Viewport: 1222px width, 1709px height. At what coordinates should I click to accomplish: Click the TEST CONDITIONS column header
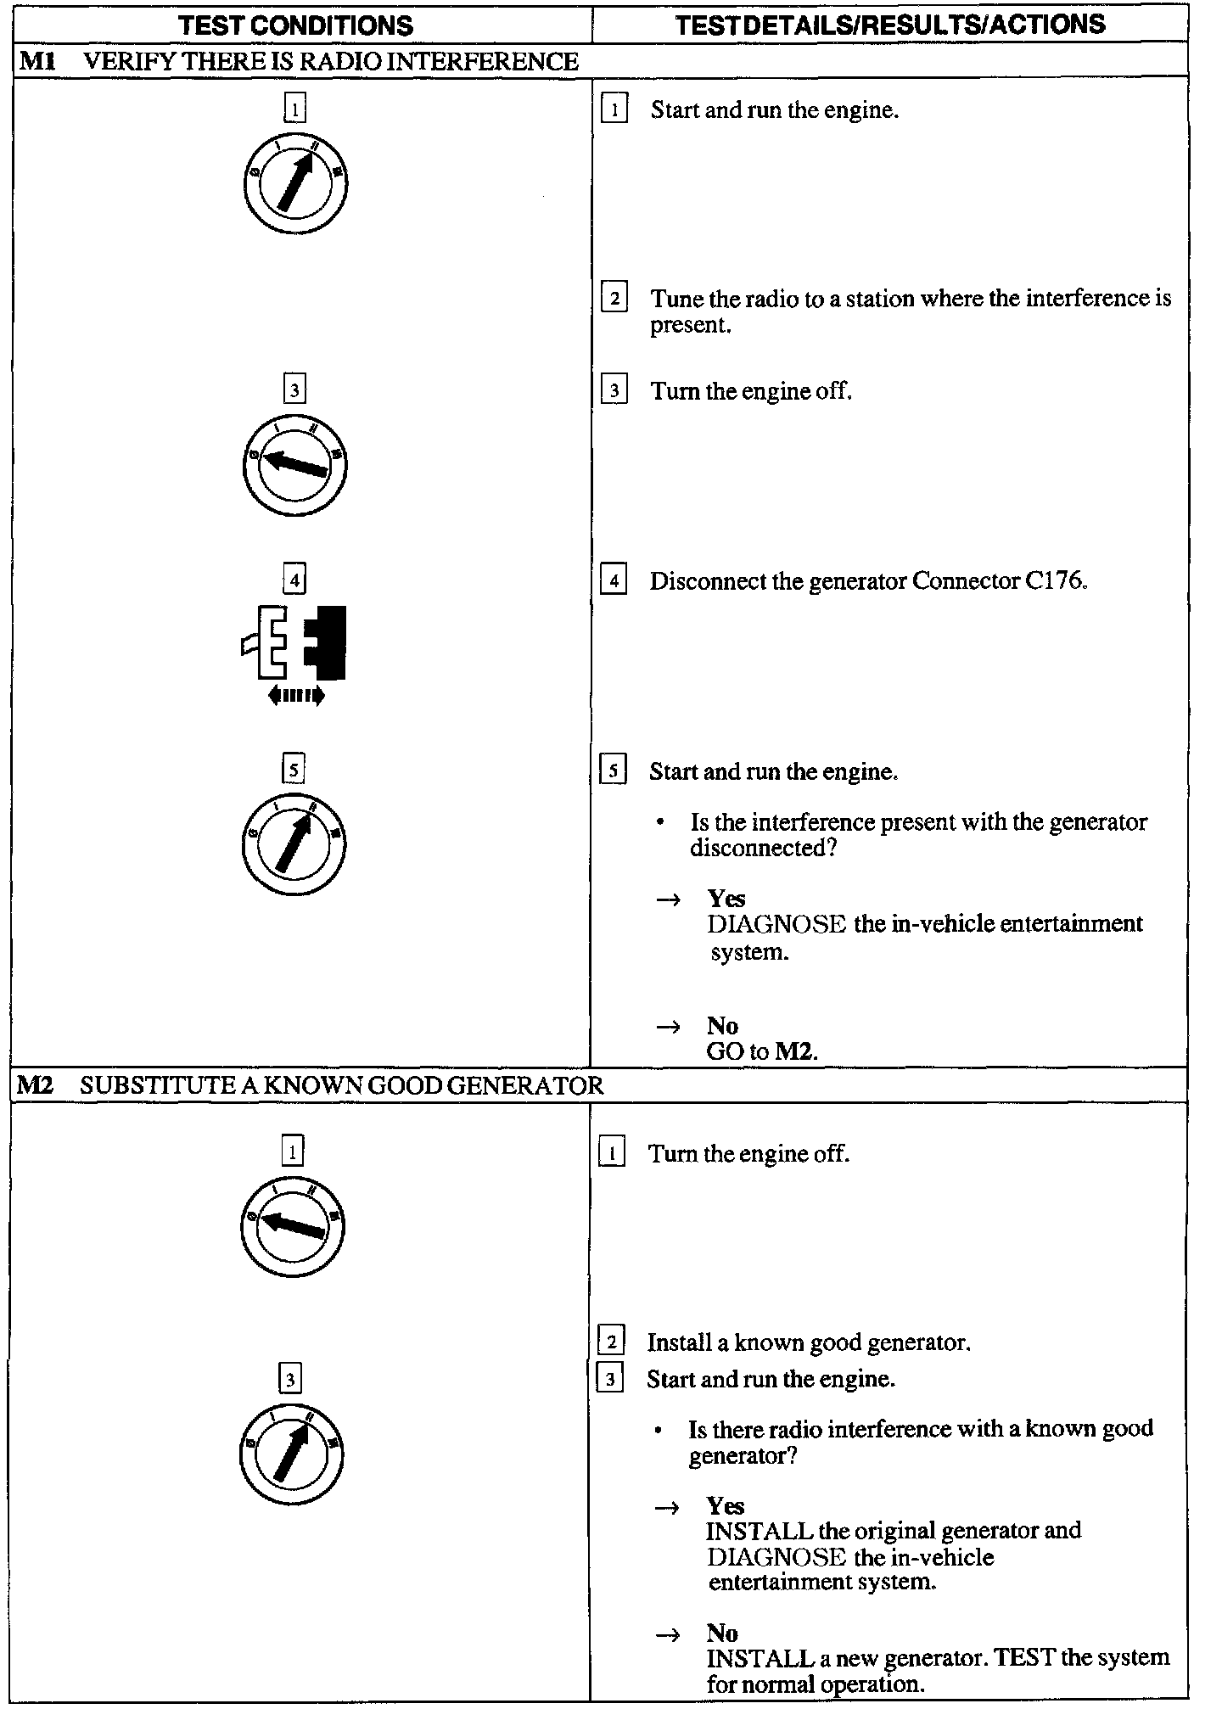coord(296,25)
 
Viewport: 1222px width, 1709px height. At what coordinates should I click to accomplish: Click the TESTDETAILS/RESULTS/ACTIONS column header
coord(890,25)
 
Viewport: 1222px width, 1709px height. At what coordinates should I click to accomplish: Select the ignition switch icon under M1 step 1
coord(294,183)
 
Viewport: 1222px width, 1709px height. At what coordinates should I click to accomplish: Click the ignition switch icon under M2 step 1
coord(293,1226)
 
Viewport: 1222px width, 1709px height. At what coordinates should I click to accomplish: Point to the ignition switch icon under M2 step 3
coord(291,1454)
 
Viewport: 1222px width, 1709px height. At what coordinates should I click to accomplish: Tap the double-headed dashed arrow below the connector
coord(295,696)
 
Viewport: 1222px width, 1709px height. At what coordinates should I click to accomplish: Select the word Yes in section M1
coord(726,899)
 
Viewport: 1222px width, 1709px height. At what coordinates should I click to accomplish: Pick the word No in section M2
coord(722,1633)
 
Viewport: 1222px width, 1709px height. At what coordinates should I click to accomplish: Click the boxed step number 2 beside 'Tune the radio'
coord(614,299)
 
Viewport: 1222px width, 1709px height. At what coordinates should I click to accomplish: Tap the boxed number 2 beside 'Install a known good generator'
coord(611,1342)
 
